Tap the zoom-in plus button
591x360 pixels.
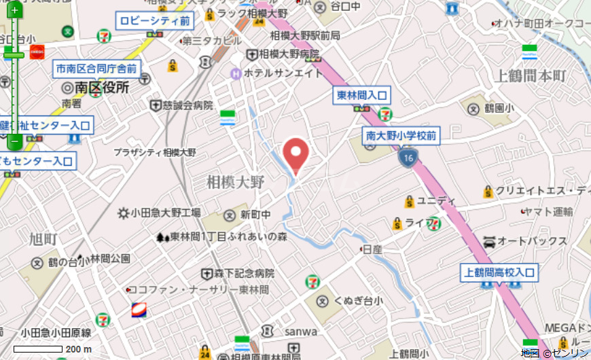(14, 11)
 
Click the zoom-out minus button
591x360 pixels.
(14, 142)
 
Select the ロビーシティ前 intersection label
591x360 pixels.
(155, 21)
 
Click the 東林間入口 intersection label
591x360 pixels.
(363, 96)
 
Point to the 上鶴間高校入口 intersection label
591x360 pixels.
(499, 273)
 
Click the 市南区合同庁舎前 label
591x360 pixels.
(96, 69)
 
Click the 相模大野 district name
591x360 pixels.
(235, 182)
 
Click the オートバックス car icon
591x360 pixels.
(489, 241)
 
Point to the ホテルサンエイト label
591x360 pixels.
(278, 73)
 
